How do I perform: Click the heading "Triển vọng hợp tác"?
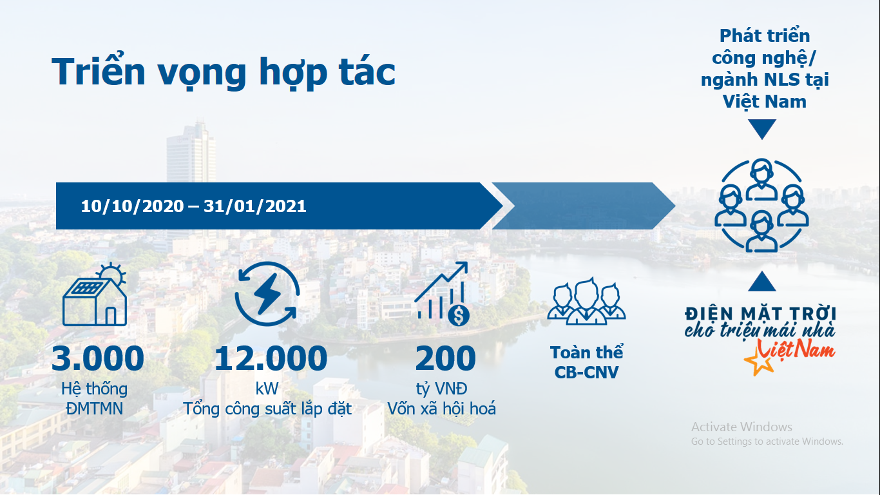[223, 72]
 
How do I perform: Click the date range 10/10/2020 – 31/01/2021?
[193, 206]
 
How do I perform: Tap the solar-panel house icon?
[95, 294]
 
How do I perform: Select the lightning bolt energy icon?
[267, 294]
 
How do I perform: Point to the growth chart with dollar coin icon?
[442, 294]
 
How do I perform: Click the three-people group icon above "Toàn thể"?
[586, 301]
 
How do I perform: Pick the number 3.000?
[98, 358]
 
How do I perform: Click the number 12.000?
[271, 358]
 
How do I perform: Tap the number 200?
[446, 358]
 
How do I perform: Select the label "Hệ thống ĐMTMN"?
[95, 399]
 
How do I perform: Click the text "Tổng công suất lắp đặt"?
[267, 409]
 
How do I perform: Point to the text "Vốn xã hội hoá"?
[441, 409]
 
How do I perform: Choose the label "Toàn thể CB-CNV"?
[586, 362]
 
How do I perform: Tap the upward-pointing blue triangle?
[761, 281]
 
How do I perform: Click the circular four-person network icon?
[761, 205]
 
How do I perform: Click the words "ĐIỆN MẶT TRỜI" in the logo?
[761, 315]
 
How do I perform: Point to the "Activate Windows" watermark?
[741, 427]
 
